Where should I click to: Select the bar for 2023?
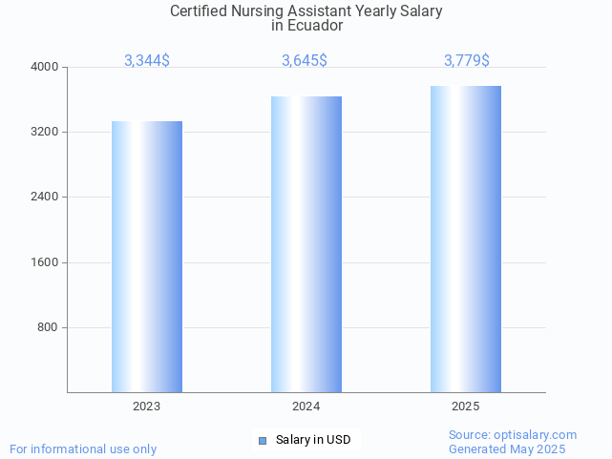coord(147,257)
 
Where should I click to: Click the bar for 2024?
coord(306,244)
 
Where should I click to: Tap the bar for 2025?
coord(465,239)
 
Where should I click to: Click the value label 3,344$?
coord(147,61)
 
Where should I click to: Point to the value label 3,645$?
coord(305,61)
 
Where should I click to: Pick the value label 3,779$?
coord(467,61)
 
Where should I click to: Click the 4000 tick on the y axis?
coord(46,67)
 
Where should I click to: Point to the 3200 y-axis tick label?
coord(46,132)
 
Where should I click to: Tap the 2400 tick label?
coord(46,198)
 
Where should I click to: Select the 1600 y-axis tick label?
coord(46,262)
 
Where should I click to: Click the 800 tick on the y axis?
coord(49,327)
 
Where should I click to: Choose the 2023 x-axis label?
coord(147,407)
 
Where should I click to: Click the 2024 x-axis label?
coord(306,407)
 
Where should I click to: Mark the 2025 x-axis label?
coord(465,407)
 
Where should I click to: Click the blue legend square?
coord(264,440)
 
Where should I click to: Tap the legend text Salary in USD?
coord(313,440)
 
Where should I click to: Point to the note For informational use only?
coord(83,449)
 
